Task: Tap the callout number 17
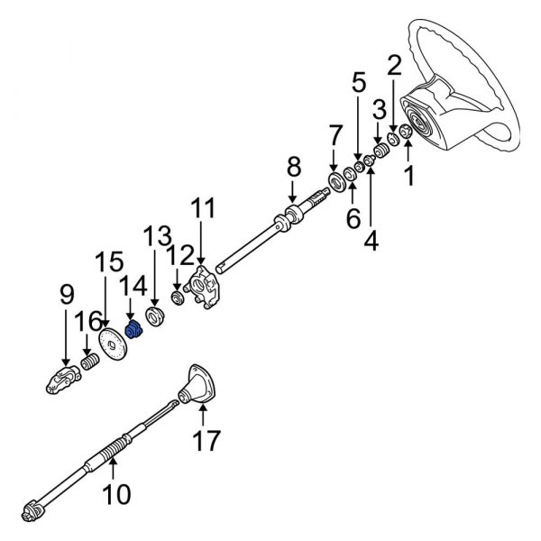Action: [x=206, y=442]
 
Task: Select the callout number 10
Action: [x=117, y=494]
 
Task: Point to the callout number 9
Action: [x=66, y=294]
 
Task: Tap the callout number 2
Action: [x=394, y=65]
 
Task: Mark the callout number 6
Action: [x=353, y=217]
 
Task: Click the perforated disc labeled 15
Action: [x=114, y=346]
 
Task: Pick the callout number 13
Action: [x=155, y=239]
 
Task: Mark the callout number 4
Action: [x=371, y=241]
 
